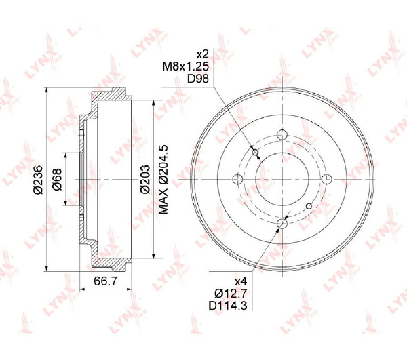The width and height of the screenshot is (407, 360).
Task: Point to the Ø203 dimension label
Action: coord(144,178)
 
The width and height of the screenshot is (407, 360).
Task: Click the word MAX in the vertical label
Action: coord(163,201)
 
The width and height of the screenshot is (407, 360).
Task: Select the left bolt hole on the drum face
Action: coord(237,179)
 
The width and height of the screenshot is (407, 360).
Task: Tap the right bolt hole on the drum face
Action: coord(326,179)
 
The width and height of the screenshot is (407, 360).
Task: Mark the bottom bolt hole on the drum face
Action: coord(282,224)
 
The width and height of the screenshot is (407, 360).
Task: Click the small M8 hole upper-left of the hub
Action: coord(256,153)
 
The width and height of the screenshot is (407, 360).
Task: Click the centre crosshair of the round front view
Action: coord(282,179)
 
